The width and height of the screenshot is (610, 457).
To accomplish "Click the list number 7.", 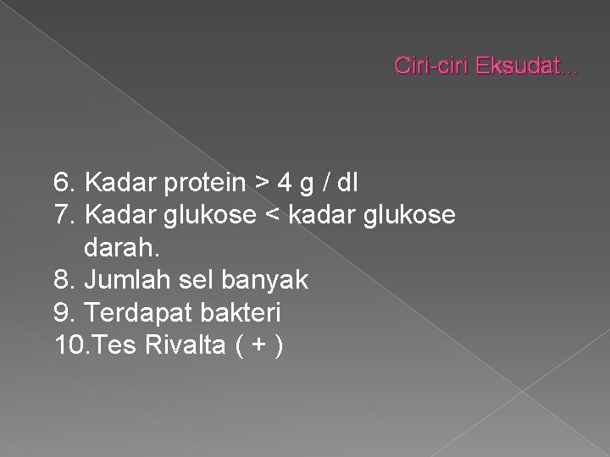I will click(x=64, y=216).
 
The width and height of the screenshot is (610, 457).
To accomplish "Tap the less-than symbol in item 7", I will click(x=271, y=217).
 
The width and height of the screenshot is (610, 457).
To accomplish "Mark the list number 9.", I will click(x=64, y=313).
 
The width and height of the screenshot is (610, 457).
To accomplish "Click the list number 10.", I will click(x=68, y=346).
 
